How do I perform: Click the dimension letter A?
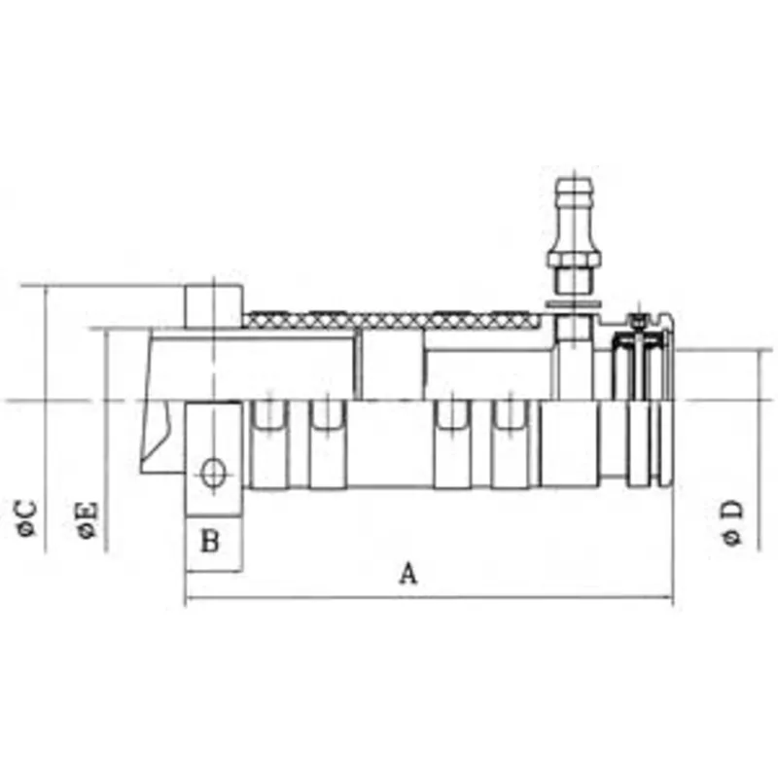coord(408,574)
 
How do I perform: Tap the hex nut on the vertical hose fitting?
coord(573,260)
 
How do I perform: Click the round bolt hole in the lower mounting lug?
coord(211,474)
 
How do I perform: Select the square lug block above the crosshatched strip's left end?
coord(213,305)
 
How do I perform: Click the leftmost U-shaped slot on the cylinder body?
coord(268,415)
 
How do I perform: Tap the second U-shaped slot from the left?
coord(327,415)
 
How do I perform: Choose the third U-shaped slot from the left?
coord(452,415)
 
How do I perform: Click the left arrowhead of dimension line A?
coord(189,597)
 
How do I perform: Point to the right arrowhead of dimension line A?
coord(668,597)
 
